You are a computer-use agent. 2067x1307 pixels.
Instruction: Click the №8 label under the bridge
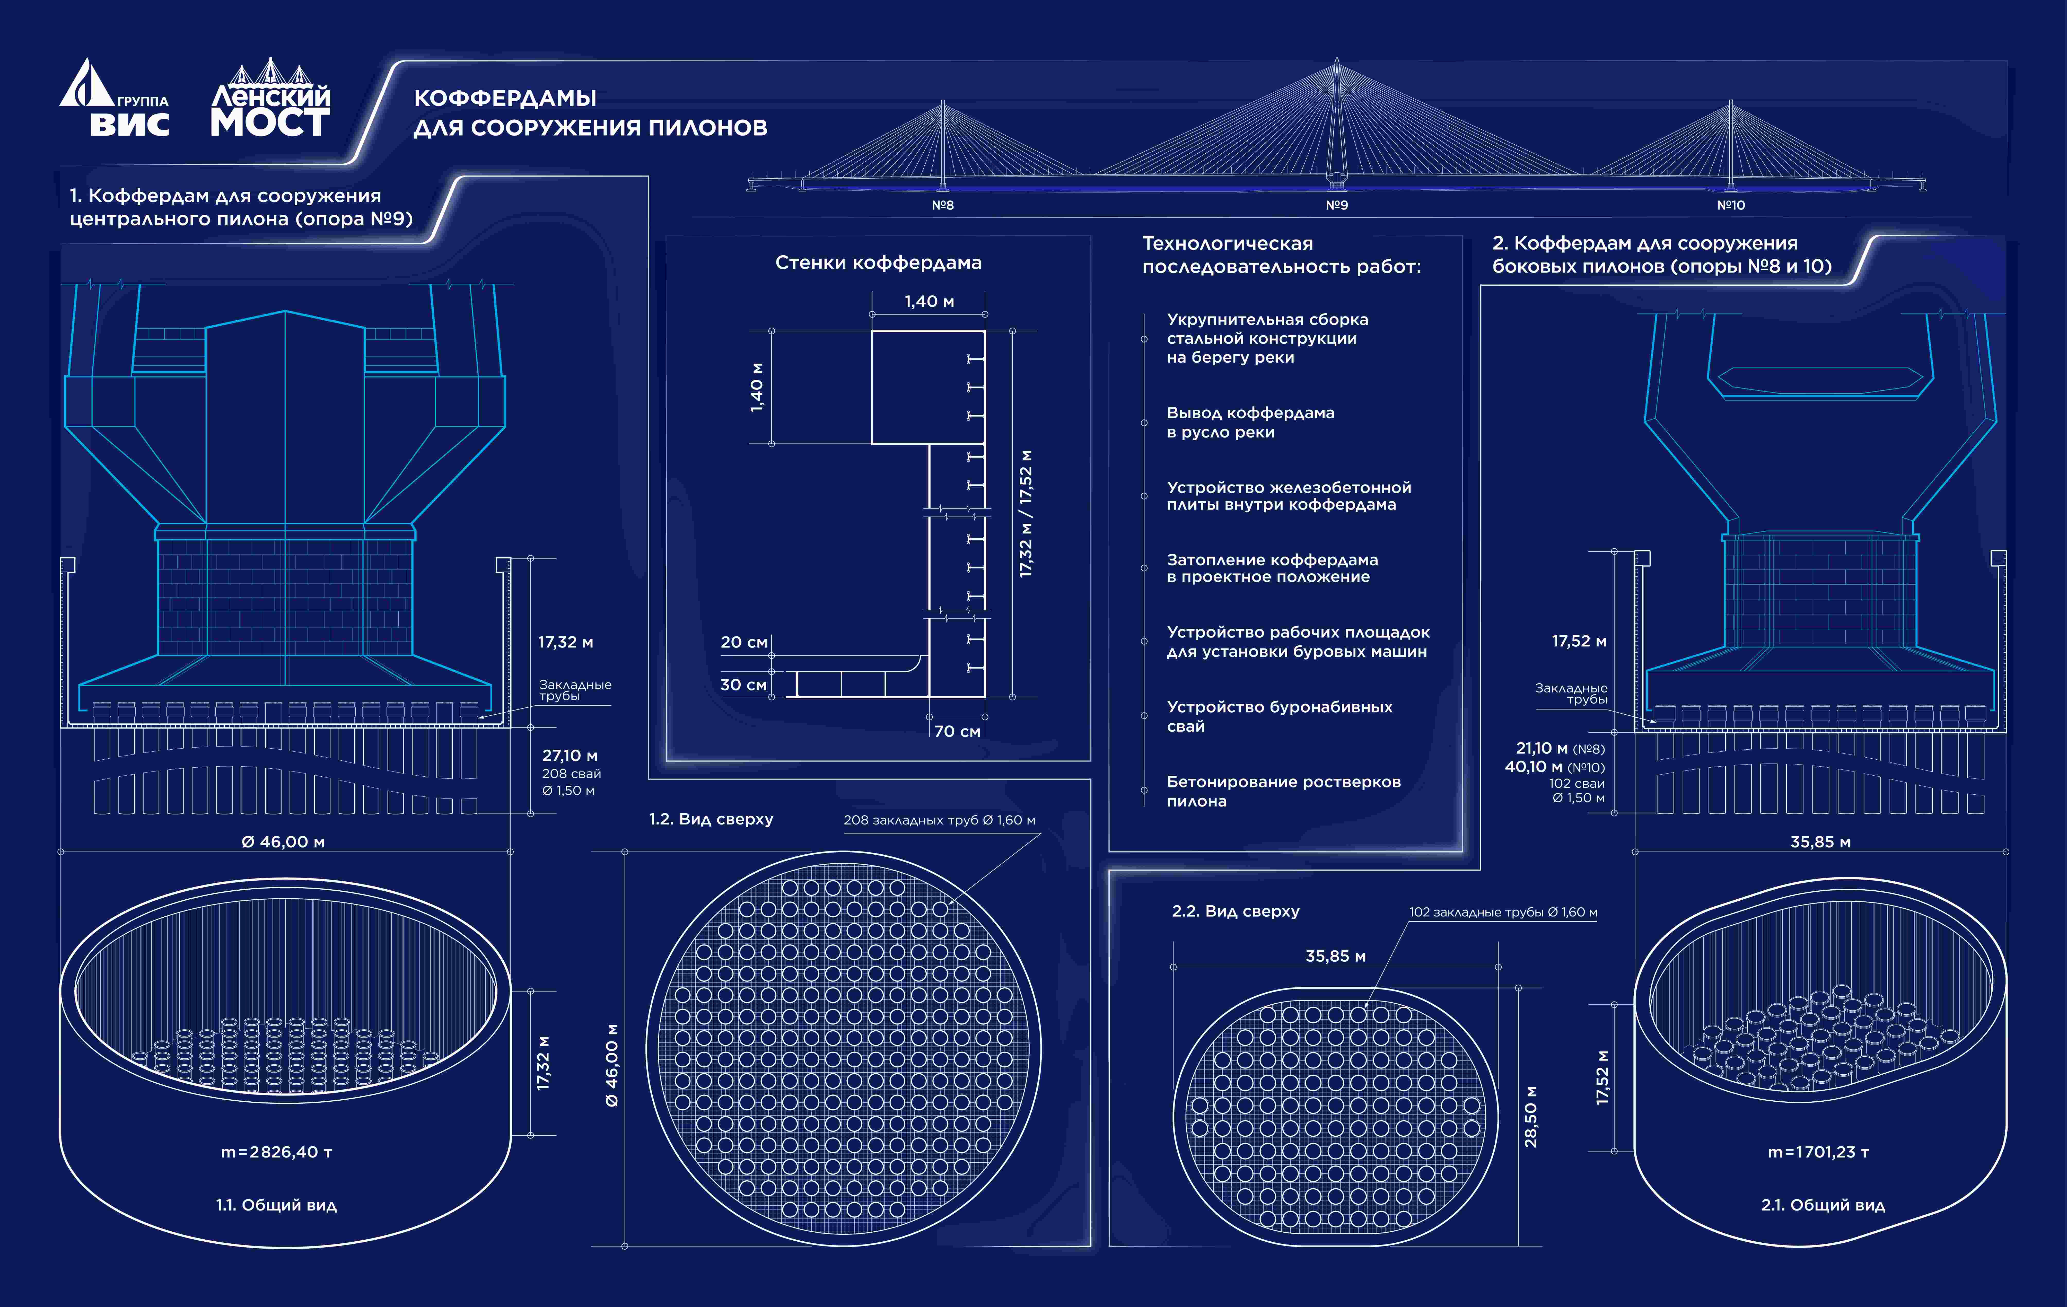coord(942,205)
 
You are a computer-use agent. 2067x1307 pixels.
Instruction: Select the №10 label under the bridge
coord(1730,205)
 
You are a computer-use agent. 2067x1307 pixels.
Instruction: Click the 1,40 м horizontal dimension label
coord(929,301)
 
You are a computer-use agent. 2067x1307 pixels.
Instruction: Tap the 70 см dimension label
coord(957,731)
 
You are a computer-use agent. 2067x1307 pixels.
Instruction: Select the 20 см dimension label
coord(743,642)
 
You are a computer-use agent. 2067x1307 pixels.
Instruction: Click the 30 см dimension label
coord(743,685)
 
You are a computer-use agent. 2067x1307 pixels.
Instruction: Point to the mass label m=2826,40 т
coord(276,1152)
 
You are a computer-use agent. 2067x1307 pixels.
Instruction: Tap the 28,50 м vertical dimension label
coord(1530,1117)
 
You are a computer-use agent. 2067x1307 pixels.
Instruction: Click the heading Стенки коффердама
coord(878,262)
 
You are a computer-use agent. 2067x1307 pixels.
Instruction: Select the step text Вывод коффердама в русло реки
coord(1251,422)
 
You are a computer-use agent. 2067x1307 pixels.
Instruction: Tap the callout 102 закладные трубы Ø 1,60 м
coord(1503,912)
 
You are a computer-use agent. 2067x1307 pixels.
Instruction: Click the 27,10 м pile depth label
coord(569,755)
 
